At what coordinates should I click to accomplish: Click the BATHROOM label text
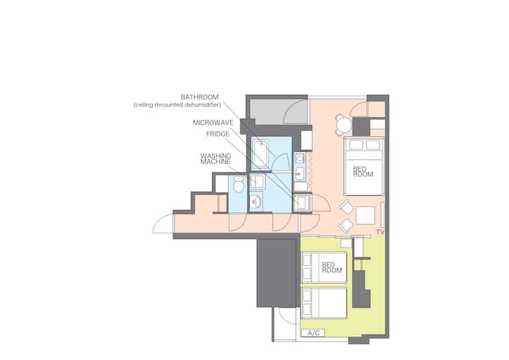pyautogui.click(x=199, y=97)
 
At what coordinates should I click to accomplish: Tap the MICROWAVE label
pyautogui.click(x=213, y=122)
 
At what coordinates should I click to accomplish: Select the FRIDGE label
pyautogui.click(x=218, y=134)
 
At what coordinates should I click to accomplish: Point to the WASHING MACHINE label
pyautogui.click(x=216, y=158)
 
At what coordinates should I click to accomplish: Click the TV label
pyautogui.click(x=380, y=232)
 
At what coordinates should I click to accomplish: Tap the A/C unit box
pyautogui.click(x=313, y=332)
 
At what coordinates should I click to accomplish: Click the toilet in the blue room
pyautogui.click(x=239, y=184)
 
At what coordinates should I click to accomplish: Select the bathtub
pyautogui.click(x=260, y=154)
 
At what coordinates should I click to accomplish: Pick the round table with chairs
pyautogui.click(x=344, y=124)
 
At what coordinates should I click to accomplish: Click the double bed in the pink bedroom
pyautogui.click(x=364, y=166)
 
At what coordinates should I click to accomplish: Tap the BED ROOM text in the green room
pyautogui.click(x=332, y=267)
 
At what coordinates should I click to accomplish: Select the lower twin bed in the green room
pyautogui.click(x=324, y=303)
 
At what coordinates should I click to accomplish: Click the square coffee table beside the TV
pyautogui.click(x=365, y=216)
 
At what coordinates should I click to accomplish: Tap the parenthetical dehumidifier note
pyautogui.click(x=177, y=105)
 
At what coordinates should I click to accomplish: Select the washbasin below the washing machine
pyautogui.click(x=256, y=202)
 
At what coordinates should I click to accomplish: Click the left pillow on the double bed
pyautogui.click(x=356, y=144)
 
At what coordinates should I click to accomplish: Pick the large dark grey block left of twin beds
pyautogui.click(x=277, y=272)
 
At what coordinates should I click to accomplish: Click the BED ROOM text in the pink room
pyautogui.click(x=363, y=172)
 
